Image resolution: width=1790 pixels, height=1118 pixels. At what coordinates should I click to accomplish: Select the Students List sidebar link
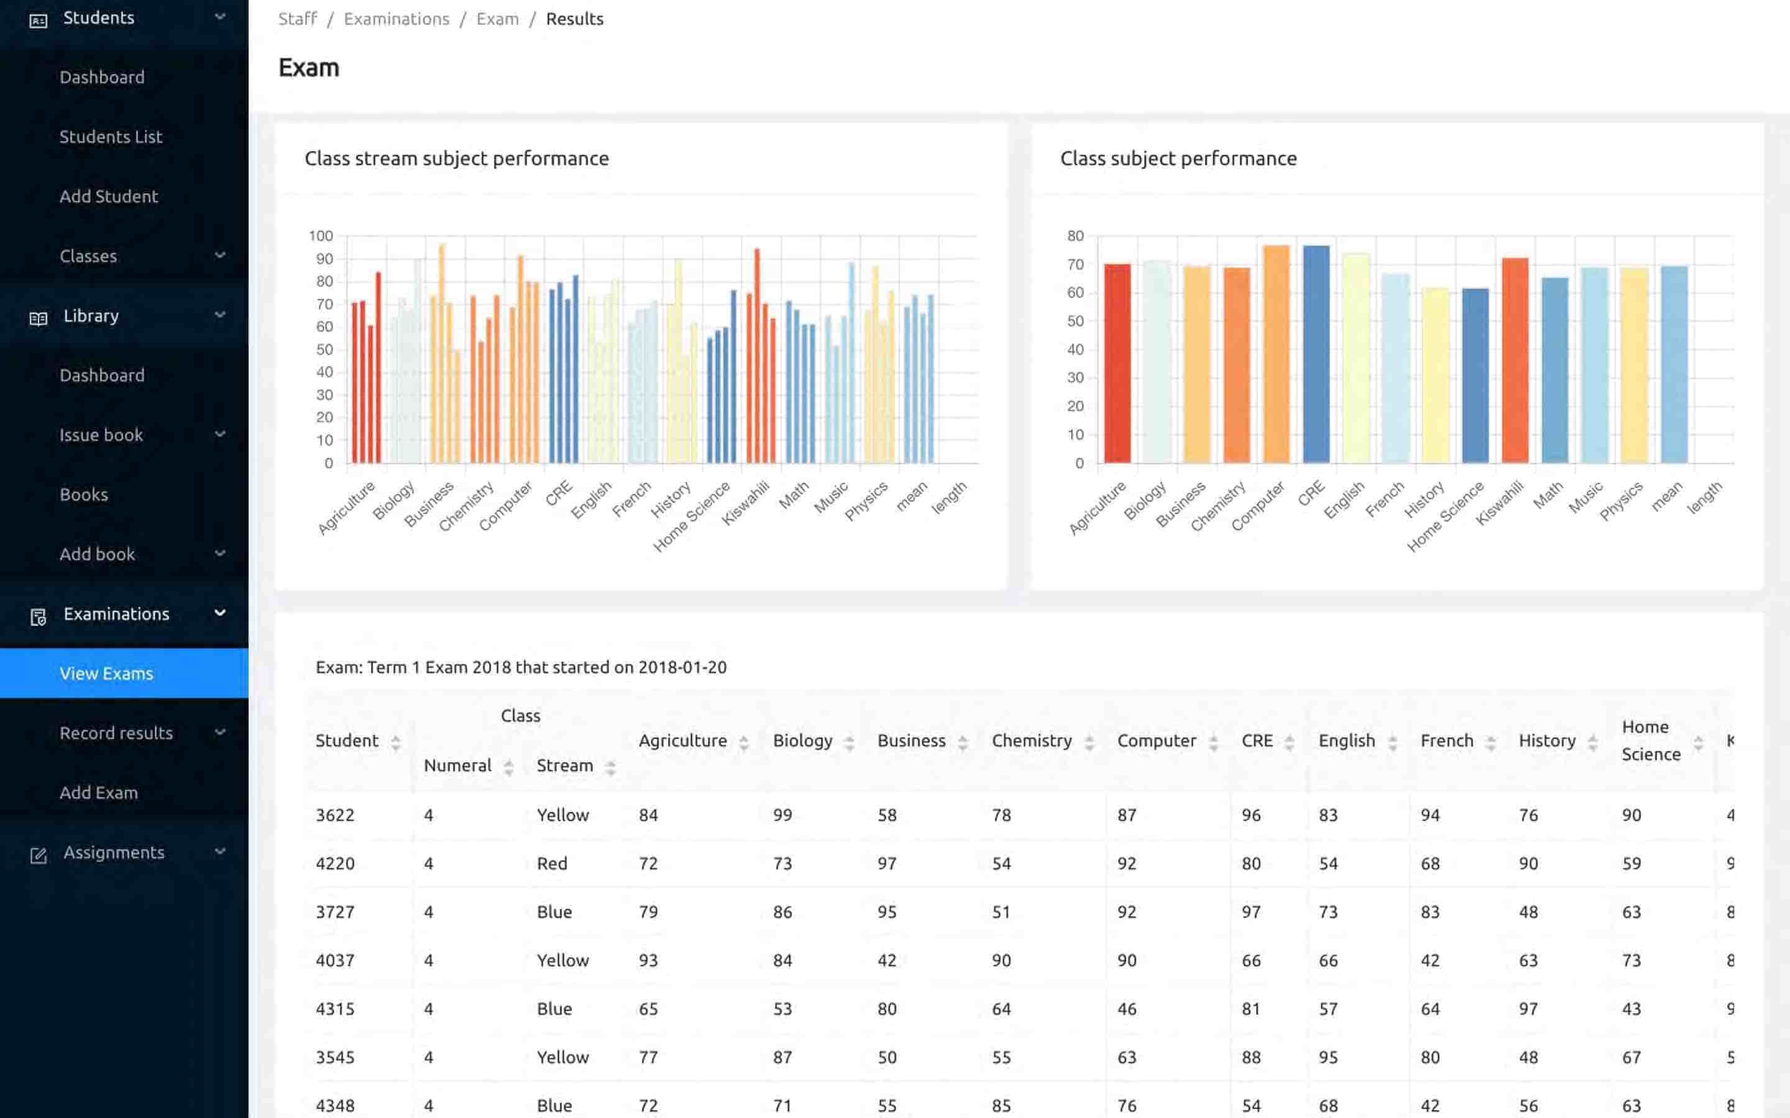(111, 137)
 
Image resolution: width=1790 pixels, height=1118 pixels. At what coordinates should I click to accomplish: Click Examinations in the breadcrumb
(397, 19)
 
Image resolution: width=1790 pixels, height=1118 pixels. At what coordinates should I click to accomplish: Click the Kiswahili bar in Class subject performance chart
(1515, 360)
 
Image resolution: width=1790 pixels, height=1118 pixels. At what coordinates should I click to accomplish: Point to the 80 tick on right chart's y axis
(1075, 236)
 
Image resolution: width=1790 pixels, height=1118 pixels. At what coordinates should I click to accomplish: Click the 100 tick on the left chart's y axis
(321, 236)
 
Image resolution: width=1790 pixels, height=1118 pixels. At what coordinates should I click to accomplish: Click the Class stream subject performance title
(456, 158)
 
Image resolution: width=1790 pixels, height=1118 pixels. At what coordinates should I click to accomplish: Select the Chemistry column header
(1031, 740)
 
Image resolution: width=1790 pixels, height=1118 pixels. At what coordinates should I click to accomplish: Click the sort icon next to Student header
(396, 742)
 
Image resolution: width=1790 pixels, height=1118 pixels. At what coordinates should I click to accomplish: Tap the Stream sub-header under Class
(564, 765)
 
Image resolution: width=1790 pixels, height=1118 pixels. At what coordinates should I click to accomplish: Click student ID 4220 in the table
(335, 863)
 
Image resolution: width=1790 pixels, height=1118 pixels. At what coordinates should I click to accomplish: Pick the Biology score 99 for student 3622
(783, 815)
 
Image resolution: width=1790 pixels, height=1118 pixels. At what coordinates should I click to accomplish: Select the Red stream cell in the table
(552, 863)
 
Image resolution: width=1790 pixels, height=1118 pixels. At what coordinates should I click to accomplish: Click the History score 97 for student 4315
(1528, 1009)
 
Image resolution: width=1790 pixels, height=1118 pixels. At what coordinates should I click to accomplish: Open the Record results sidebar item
(116, 733)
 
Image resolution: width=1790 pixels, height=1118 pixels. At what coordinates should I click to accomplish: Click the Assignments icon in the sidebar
(39, 855)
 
